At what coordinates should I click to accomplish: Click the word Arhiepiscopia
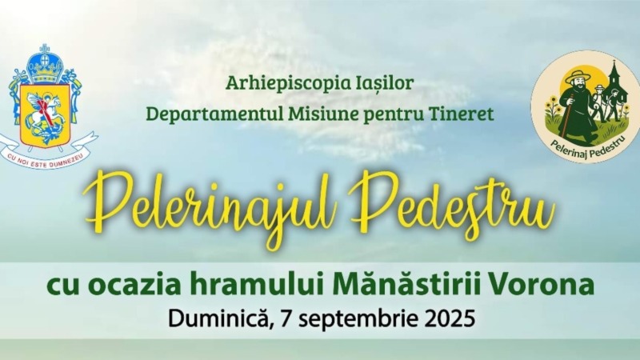(282, 84)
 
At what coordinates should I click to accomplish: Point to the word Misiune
(322, 113)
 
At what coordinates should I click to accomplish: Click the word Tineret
(462, 114)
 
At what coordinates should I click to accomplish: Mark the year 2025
(450, 318)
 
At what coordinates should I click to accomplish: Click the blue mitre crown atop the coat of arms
(45, 63)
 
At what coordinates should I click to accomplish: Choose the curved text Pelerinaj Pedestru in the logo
(587, 149)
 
